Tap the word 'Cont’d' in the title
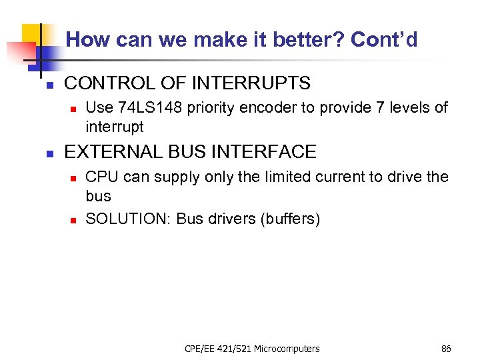[384, 40]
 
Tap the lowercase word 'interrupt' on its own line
[115, 127]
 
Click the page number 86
[446, 349]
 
